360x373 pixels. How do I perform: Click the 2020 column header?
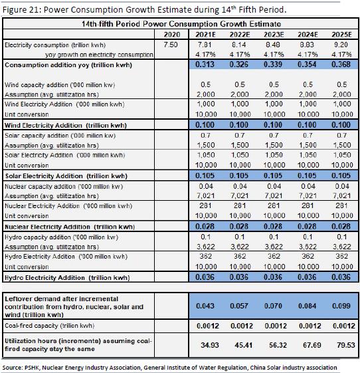pos(172,35)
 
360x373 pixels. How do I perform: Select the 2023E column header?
pos(274,35)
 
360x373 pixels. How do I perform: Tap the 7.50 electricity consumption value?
pos(171,45)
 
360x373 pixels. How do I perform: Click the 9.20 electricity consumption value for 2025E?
pos(341,45)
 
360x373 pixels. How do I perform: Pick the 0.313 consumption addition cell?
pos(205,64)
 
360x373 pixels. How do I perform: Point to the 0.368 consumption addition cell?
pos(341,64)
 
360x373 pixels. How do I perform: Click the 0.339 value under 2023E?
pos(273,64)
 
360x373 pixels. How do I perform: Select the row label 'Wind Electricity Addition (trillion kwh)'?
pos(66,126)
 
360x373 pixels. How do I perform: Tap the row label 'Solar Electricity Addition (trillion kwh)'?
pos(66,176)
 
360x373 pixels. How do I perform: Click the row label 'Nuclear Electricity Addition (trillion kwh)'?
pos(70,227)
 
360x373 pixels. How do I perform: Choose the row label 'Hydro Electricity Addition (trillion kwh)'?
pos(67,278)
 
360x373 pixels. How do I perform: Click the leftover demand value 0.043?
pos(205,306)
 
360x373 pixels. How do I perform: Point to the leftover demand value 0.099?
pos(341,306)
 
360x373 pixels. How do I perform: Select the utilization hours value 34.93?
pos(210,345)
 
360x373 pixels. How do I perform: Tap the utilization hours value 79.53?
pos(346,345)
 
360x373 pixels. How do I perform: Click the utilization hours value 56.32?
pos(278,345)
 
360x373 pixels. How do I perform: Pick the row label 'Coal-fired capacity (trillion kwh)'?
pos(49,326)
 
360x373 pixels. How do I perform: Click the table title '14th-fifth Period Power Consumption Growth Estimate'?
pos(181,24)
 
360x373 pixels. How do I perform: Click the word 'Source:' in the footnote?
pos(12,368)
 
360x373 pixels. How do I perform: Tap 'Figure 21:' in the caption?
pos(22,10)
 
